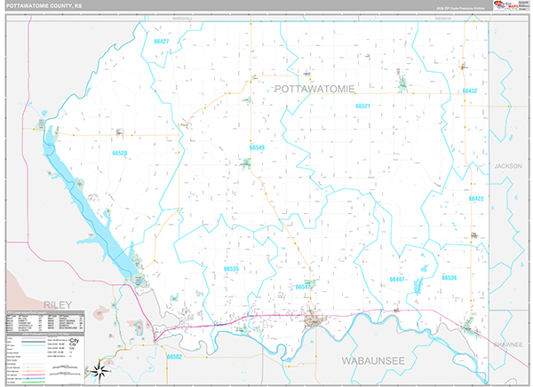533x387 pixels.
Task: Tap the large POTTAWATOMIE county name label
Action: (315, 89)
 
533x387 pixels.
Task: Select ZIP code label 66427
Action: (161, 42)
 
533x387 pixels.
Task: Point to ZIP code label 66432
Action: (470, 91)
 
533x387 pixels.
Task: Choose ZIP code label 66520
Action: (120, 153)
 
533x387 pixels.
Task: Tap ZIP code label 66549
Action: (257, 147)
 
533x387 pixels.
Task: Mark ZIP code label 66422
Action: (475, 199)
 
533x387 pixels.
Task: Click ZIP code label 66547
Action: (304, 287)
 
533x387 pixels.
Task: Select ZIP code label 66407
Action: (397, 279)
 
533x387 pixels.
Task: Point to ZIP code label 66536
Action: (449, 278)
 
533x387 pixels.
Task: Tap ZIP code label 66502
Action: (174, 357)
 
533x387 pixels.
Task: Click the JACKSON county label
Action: (509, 166)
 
